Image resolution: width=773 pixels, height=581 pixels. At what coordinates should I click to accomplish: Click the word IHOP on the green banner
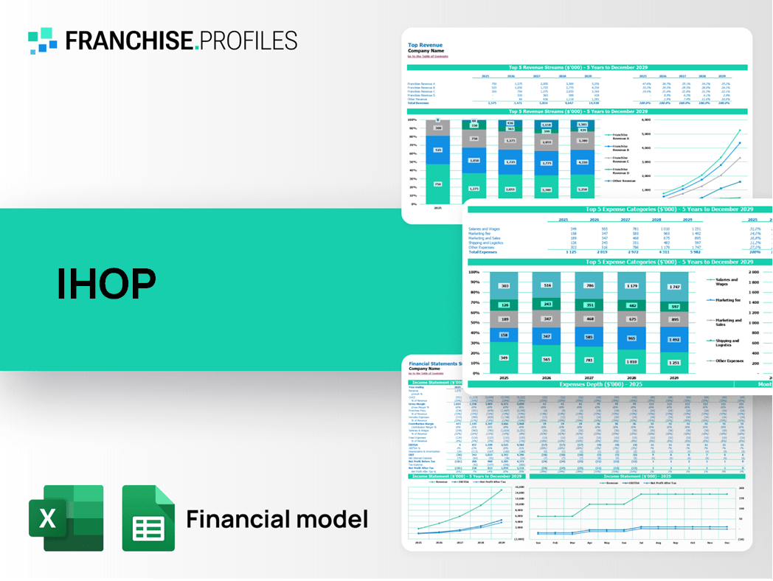(x=106, y=283)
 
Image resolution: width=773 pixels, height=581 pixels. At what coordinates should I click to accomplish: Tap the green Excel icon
(x=66, y=518)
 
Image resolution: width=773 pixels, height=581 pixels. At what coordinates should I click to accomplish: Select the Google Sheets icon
(x=148, y=518)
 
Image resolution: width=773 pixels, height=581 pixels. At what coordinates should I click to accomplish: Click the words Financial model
(x=277, y=519)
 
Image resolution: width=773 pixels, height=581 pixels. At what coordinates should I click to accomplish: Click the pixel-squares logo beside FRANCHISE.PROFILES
(x=43, y=41)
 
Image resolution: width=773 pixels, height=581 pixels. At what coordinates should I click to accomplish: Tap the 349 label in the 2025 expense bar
(x=504, y=358)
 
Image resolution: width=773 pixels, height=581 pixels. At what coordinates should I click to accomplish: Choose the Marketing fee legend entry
(x=727, y=300)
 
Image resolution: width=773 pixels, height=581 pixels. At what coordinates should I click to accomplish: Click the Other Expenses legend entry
(x=729, y=361)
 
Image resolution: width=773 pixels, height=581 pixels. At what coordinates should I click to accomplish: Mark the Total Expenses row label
(x=483, y=252)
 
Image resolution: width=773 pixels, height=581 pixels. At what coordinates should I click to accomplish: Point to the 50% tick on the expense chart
(x=474, y=323)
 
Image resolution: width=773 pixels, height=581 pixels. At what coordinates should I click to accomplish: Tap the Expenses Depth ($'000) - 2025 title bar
(x=600, y=384)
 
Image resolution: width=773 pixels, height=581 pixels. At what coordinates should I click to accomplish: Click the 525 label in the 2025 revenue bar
(x=437, y=150)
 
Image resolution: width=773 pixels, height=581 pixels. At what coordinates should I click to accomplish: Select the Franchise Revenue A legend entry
(x=620, y=136)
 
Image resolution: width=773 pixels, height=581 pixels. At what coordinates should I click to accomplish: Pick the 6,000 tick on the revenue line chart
(x=646, y=119)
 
